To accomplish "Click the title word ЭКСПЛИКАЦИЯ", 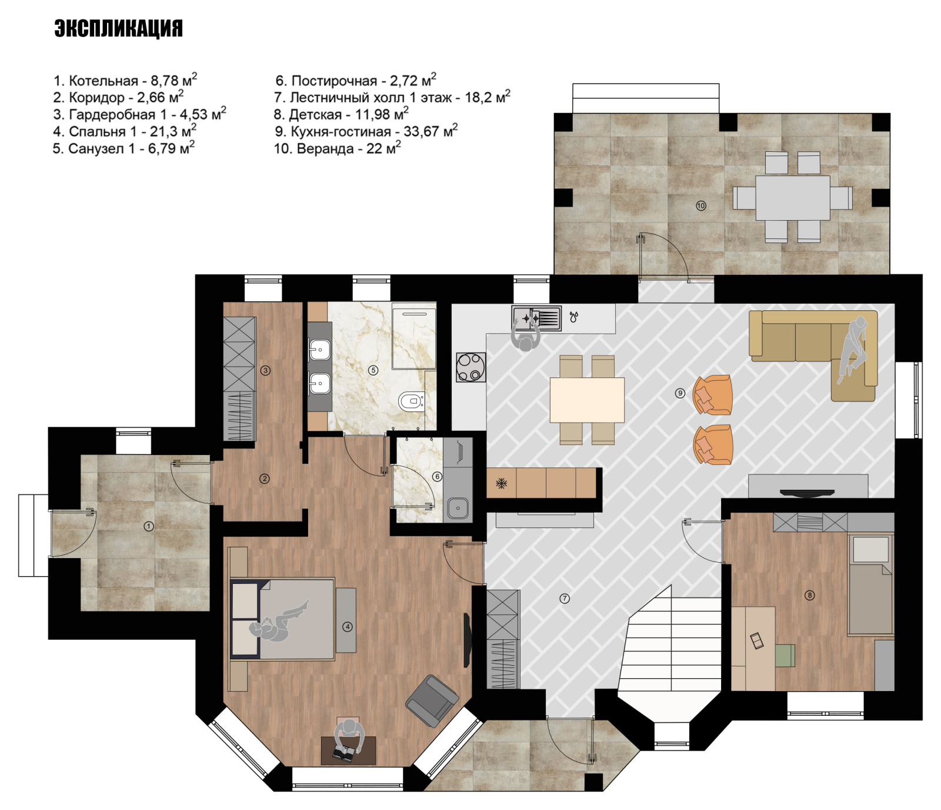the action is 118,28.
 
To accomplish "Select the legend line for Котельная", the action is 125,80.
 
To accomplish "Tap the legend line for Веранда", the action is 338,148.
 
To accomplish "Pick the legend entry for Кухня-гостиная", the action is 366,131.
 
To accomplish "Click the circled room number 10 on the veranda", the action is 700,205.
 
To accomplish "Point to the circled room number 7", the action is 565,598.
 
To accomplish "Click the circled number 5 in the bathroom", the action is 373,370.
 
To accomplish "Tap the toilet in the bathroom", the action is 412,402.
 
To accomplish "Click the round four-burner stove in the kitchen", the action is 471,367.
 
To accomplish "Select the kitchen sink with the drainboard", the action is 536,318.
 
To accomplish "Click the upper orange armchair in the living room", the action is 712,394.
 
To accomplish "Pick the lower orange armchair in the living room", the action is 713,444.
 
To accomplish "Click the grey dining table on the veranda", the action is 792,198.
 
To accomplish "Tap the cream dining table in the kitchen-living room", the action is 587,400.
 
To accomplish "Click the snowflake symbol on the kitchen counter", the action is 501,483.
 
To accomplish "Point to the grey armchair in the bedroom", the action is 432,701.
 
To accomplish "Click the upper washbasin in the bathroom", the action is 319,350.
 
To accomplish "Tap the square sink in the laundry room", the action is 458,508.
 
